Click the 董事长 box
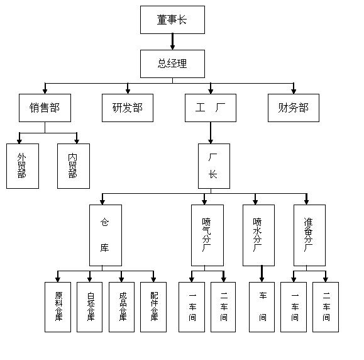pyautogui.click(x=172, y=20)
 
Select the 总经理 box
pyautogui.click(x=172, y=64)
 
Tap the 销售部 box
pyautogui.click(x=45, y=108)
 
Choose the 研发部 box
pyautogui.click(x=128, y=108)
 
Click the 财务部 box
pyautogui.click(x=294, y=108)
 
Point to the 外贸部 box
pyautogui.click(x=23, y=166)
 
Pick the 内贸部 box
pyautogui.click(x=74, y=166)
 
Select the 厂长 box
pyautogui.click(x=214, y=166)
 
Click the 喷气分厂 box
pyautogui.click(x=207, y=235)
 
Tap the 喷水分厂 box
pyautogui.click(x=258, y=235)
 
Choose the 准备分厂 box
pyautogui.click(x=309, y=235)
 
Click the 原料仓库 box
pyautogui.click(x=58, y=307)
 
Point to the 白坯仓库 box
pyautogui.click(x=90, y=307)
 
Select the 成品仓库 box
pyautogui.click(x=121, y=307)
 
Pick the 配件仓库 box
pyautogui.click(x=153, y=307)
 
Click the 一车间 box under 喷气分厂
pyautogui.click(x=192, y=307)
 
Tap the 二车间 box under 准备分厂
pyautogui.click(x=326, y=307)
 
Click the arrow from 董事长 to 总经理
pyautogui.click(x=172, y=42)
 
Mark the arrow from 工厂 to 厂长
pyautogui.click(x=211, y=133)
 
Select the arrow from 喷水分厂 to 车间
pyautogui.click(x=262, y=274)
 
